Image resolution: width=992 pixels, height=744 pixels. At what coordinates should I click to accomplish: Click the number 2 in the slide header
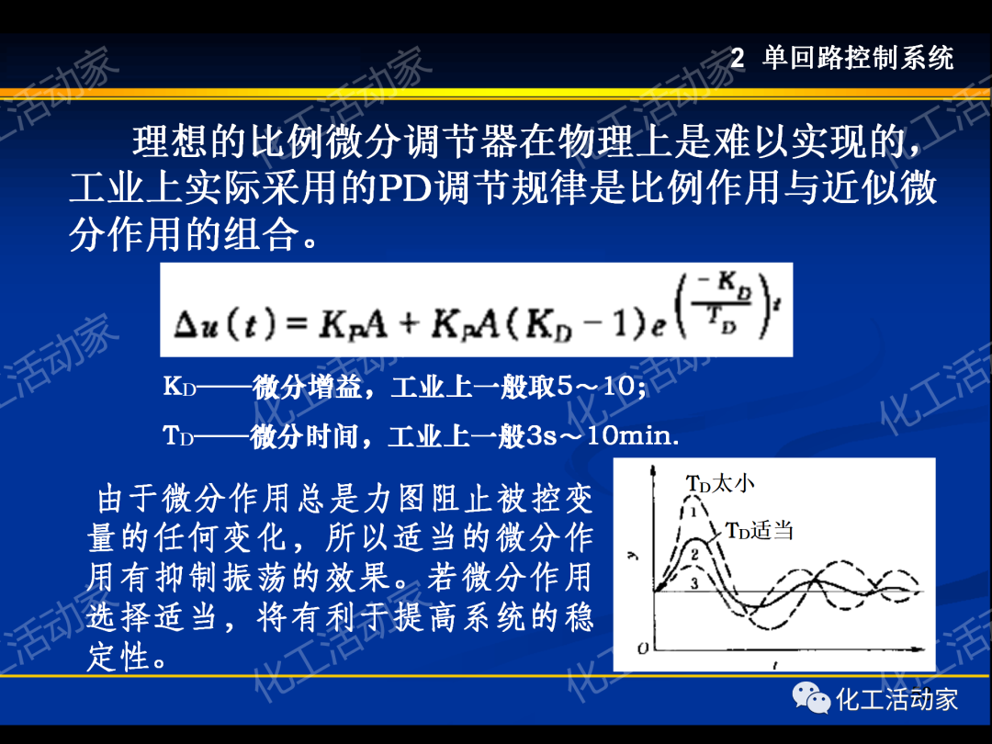738,60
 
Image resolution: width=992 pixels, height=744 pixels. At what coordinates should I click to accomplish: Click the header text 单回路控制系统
859,59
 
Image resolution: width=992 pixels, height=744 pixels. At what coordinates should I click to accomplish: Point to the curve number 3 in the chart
695,583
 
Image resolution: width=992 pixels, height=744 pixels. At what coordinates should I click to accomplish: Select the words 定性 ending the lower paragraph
120,658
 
